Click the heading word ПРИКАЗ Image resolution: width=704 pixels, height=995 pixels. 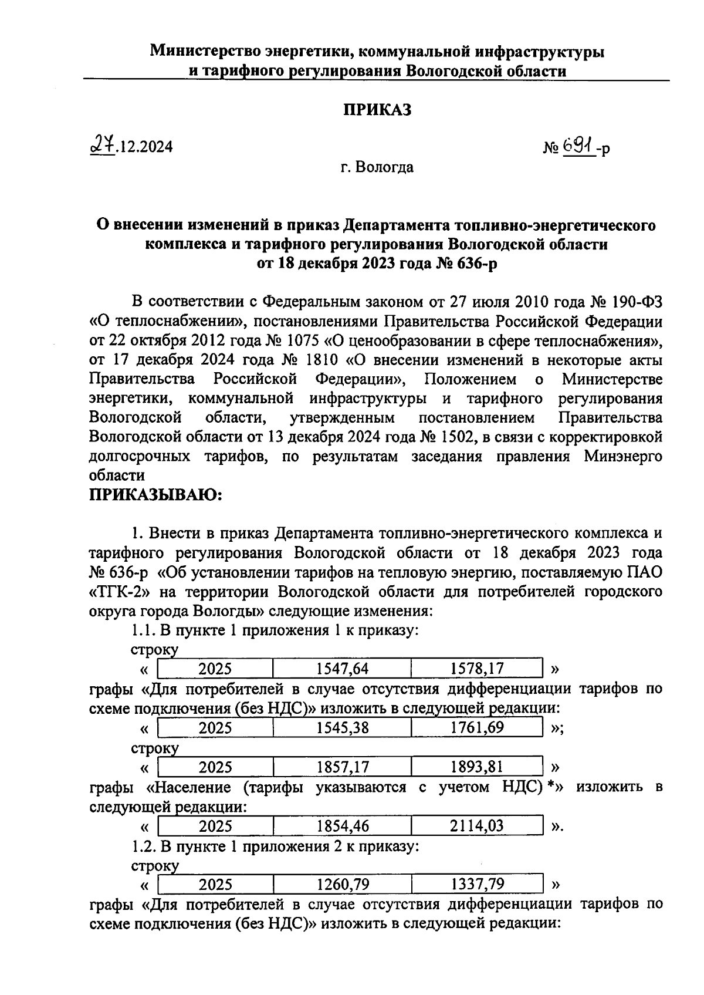click(377, 109)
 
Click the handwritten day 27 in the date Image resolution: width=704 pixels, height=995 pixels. click(101, 145)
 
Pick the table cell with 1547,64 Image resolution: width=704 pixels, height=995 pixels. click(341, 668)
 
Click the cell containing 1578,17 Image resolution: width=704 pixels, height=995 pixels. click(476, 668)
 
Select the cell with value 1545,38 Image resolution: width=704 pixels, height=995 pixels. click(341, 728)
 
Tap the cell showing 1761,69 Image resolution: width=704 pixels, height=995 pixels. click(476, 728)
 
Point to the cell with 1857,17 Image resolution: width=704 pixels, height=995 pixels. click(341, 767)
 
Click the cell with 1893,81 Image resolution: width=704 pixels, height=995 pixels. click(476, 767)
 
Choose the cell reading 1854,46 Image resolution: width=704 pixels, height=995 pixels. click(341, 827)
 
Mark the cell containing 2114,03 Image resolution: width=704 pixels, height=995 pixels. click(476, 827)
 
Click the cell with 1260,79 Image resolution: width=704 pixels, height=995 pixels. click(341, 885)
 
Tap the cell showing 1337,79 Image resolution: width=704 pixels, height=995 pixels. click(476, 885)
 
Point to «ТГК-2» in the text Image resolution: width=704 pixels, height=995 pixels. click(123, 591)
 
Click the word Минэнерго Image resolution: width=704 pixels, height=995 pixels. click(623, 456)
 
